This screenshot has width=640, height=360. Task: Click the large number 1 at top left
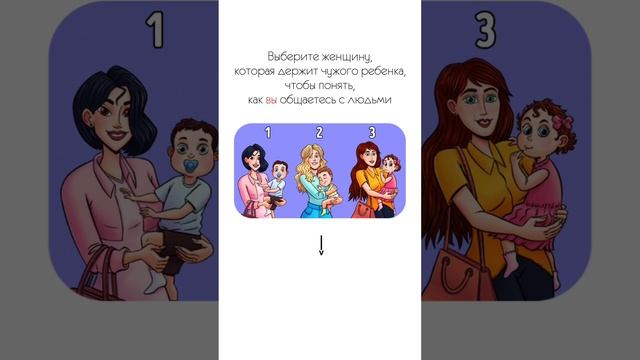point(155,29)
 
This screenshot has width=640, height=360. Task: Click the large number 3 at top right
point(485,29)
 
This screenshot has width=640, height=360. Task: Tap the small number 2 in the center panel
point(320,132)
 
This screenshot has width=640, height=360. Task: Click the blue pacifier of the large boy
point(191,166)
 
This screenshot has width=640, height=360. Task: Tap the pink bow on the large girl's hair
point(563,121)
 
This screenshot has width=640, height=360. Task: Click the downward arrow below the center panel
point(321,245)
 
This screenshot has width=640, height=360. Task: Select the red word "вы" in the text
point(271,100)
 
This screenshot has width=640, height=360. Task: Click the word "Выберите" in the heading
point(293,56)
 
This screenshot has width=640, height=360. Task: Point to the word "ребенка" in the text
point(383,71)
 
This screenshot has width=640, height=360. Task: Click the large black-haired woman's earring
point(90,122)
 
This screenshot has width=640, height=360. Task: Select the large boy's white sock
point(155,282)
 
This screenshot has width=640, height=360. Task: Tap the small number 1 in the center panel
point(268,132)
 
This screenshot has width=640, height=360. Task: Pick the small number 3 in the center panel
point(372,132)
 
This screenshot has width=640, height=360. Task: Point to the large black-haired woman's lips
point(117,135)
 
